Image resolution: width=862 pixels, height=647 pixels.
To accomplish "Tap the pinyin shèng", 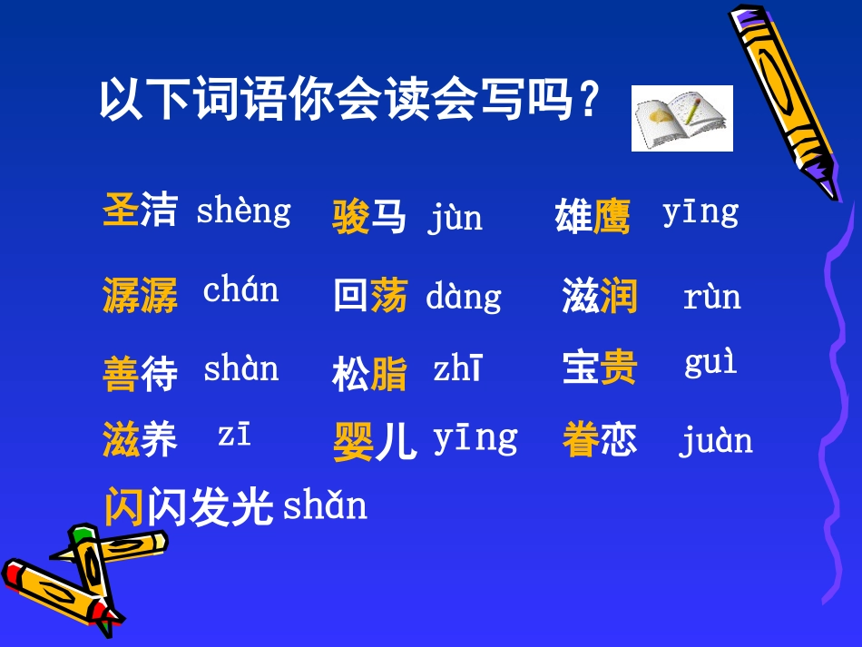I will [x=243, y=211].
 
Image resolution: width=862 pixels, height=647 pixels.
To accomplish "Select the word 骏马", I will [x=369, y=218].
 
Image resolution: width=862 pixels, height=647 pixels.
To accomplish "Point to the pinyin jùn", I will [x=455, y=219].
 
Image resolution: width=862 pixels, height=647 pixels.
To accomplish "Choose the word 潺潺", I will [x=140, y=296].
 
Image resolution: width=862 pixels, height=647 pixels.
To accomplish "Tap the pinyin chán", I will [x=240, y=290].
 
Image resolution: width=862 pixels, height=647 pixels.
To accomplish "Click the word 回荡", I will [x=370, y=296].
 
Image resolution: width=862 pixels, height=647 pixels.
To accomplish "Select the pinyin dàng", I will [x=463, y=298].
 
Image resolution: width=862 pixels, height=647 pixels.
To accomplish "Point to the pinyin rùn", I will [x=711, y=298].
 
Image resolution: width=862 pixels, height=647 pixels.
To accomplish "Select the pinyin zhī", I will [x=457, y=369].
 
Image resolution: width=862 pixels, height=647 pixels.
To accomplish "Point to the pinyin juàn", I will [x=715, y=441].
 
